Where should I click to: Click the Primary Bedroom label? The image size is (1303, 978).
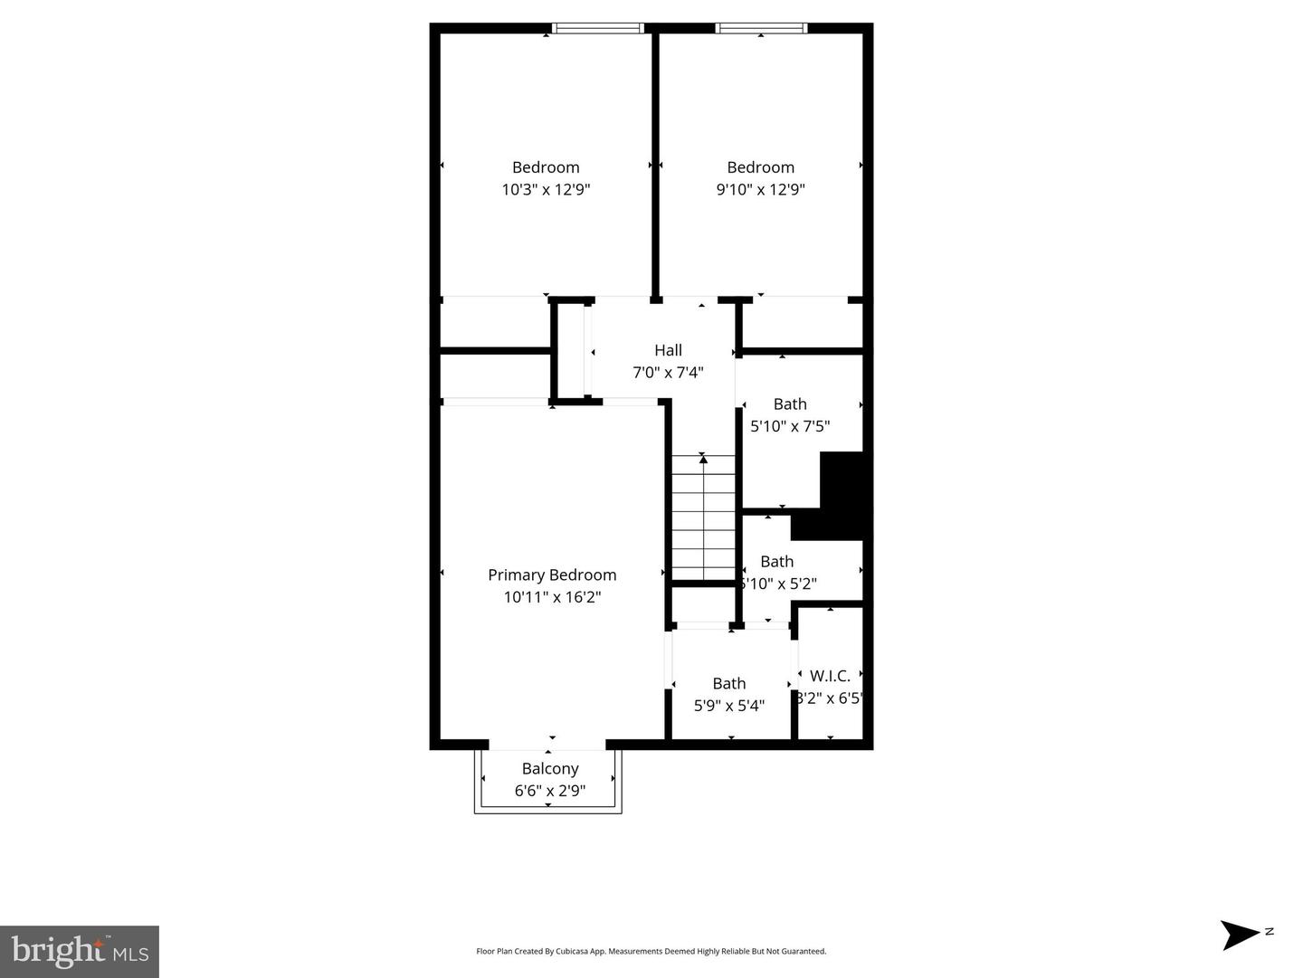click(x=552, y=574)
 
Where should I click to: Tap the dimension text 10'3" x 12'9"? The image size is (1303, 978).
click(x=546, y=189)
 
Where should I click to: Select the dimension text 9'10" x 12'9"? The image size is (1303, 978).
click(x=760, y=189)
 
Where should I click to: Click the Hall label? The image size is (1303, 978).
click(x=668, y=350)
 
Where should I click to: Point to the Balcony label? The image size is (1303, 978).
click(x=550, y=768)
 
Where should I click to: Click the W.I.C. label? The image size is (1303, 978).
click(x=830, y=676)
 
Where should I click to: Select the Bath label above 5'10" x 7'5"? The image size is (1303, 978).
click(x=790, y=404)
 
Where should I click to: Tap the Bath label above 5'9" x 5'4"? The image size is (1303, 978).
click(x=728, y=683)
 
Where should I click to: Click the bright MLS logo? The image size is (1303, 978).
click(x=80, y=951)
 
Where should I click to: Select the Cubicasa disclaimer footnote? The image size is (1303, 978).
click(x=651, y=951)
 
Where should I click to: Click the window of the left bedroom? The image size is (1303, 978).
click(x=597, y=28)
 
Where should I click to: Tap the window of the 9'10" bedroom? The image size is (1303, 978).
click(x=760, y=28)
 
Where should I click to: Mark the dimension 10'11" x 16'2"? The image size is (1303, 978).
click(x=552, y=597)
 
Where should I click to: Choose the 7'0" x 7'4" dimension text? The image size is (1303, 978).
click(x=668, y=372)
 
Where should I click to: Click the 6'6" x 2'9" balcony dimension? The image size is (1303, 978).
click(x=550, y=791)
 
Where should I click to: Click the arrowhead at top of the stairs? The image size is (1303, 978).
click(x=703, y=460)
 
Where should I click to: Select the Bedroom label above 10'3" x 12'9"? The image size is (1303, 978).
click(x=546, y=167)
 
